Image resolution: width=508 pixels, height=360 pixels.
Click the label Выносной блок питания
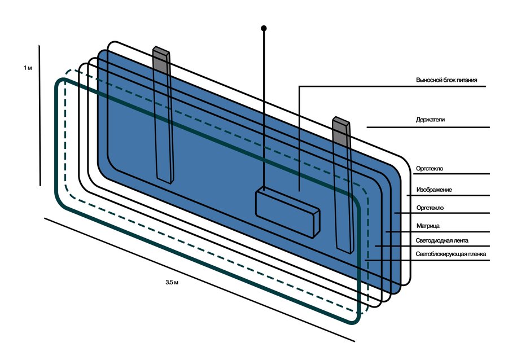click(x=446, y=80)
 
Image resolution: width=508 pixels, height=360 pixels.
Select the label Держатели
click(x=430, y=120)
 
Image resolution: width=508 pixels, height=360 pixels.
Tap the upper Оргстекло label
click(x=430, y=169)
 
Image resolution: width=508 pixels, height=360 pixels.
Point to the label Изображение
click(x=434, y=190)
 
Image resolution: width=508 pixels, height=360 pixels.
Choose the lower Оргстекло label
click(x=430, y=208)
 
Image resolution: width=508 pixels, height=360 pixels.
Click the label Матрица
click(x=428, y=226)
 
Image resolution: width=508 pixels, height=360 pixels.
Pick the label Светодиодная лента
click(x=442, y=240)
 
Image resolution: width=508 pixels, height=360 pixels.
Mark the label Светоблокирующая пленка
click(x=450, y=254)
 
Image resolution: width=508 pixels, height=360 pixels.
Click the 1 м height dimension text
click(x=28, y=68)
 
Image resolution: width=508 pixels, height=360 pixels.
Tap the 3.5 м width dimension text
click(x=172, y=282)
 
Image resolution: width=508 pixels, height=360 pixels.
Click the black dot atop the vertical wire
click(x=264, y=28)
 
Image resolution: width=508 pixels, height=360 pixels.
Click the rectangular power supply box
click(x=288, y=213)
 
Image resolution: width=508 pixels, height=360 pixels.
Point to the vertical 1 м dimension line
click(x=40, y=116)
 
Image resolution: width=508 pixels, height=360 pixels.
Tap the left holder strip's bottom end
click(x=165, y=181)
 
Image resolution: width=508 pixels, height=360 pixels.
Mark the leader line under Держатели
click(x=428, y=127)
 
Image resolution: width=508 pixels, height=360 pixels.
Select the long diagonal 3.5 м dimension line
click(x=200, y=280)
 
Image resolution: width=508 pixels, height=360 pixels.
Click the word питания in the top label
click(x=467, y=80)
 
